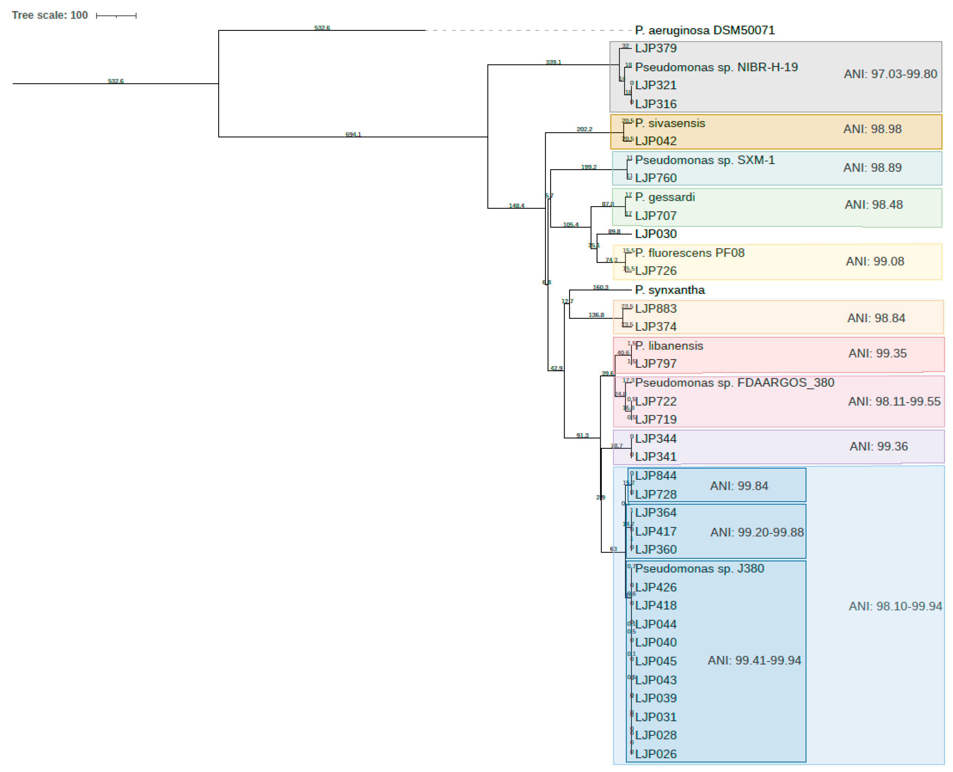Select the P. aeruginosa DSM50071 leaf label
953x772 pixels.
(704, 30)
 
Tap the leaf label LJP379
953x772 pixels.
(655, 48)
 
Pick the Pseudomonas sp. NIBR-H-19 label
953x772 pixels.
(716, 67)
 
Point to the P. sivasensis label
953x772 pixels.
(670, 123)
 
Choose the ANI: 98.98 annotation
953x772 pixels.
(872, 129)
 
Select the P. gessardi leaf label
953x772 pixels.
(665, 197)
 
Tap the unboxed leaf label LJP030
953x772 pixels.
(655, 234)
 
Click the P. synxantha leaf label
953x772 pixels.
(670, 290)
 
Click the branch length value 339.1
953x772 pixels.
(553, 62)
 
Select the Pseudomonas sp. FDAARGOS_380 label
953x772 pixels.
(734, 382)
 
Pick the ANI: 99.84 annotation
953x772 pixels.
(739, 486)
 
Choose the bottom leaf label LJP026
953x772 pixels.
(655, 754)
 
